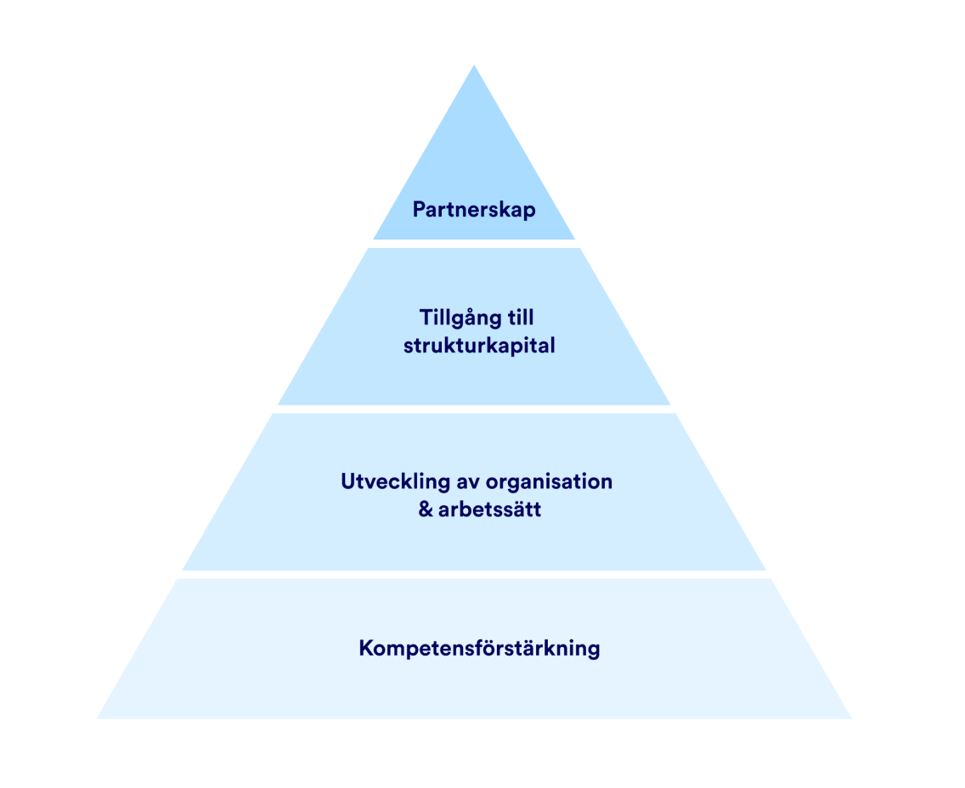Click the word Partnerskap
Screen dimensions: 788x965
(474, 210)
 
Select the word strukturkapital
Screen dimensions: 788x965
(479, 346)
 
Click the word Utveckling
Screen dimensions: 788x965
(395, 481)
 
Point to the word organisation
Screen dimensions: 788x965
(550, 481)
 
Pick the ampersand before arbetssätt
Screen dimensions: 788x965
(426, 510)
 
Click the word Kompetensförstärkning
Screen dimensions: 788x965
(479, 649)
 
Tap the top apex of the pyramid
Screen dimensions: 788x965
(474, 66)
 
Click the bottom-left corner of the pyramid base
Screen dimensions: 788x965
(99, 718)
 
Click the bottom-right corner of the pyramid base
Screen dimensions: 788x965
(849, 718)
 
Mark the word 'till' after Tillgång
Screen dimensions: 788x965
(517, 318)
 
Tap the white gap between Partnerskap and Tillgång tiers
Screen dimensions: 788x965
(474, 244)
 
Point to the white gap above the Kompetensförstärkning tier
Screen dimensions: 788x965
(474, 575)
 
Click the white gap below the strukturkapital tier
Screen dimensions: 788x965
(474, 409)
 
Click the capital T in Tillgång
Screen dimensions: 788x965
(425, 318)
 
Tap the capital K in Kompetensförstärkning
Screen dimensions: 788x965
(366, 649)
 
